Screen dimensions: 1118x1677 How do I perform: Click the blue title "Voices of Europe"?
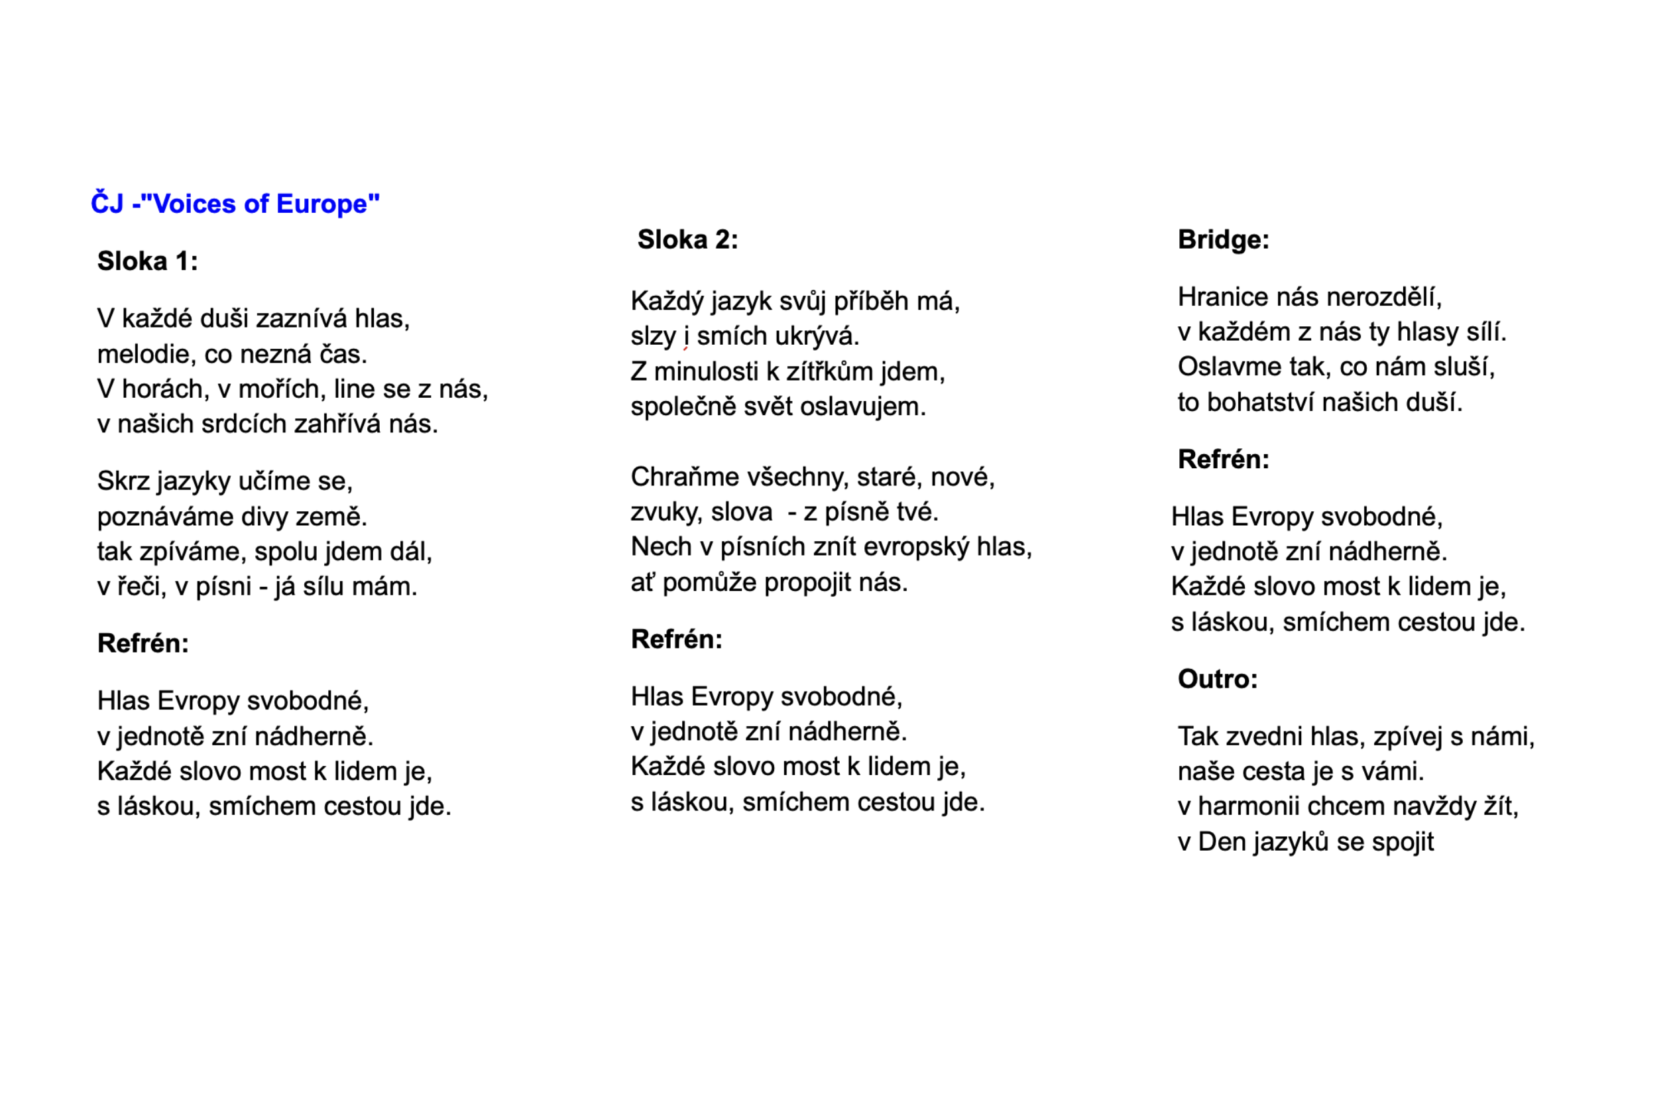coord(235,204)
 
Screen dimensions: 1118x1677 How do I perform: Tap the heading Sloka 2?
coord(687,239)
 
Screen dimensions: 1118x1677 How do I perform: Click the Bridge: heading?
coord(1223,239)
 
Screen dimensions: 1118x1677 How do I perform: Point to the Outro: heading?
coord(1217,679)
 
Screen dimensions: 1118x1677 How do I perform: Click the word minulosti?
coord(705,371)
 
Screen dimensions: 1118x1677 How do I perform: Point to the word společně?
coord(683,407)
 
